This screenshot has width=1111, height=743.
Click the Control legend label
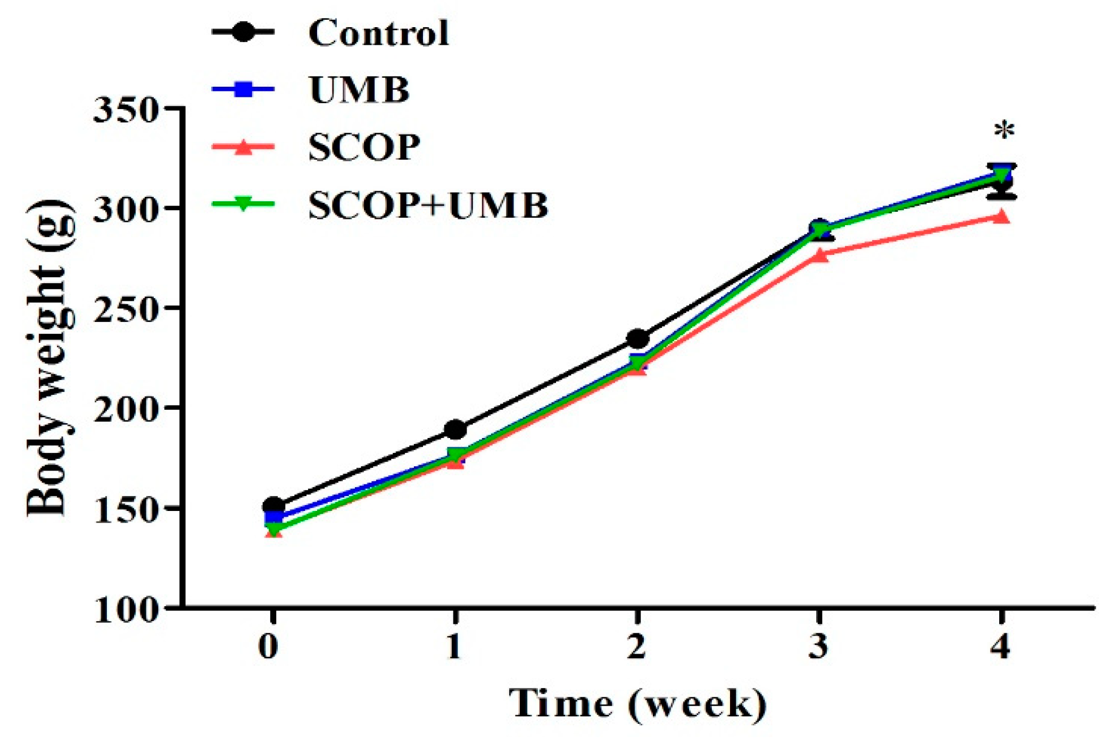point(378,33)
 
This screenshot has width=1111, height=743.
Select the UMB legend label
point(359,90)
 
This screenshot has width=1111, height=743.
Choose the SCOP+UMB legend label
point(428,205)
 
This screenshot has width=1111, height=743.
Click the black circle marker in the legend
point(243,32)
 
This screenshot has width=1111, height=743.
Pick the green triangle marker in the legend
point(243,204)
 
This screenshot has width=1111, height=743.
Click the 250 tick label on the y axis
point(126,309)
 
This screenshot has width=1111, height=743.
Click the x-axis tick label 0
point(268,647)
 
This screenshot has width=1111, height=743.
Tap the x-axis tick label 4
point(1001,647)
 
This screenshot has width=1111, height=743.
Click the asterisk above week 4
point(1005,131)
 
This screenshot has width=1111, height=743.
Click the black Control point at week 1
point(455,429)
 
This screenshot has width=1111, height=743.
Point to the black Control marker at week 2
point(638,339)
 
